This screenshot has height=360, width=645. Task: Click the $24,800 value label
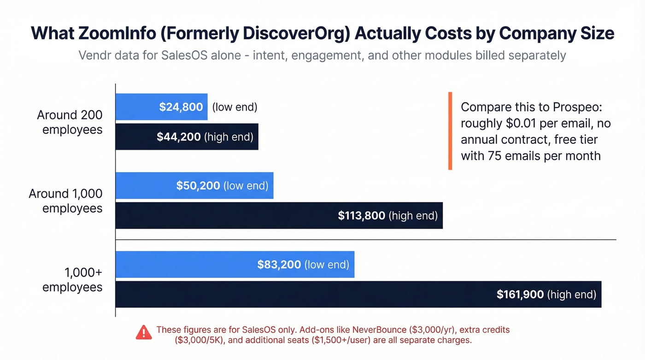(181, 107)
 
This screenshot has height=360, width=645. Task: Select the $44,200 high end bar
(187, 137)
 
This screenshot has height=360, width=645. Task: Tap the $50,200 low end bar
(194, 186)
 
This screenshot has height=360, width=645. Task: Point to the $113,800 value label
(361, 215)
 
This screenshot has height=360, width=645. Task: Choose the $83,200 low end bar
(235, 265)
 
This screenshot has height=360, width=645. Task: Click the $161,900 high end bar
(358, 295)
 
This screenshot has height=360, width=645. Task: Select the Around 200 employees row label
(70, 122)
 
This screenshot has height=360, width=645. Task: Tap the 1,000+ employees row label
(72, 280)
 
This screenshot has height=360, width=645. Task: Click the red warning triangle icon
(144, 332)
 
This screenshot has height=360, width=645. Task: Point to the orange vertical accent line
(450, 131)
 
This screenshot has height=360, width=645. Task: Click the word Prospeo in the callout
(579, 107)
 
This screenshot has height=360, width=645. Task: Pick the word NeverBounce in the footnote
(377, 330)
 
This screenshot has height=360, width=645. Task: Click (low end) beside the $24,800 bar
(235, 107)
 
